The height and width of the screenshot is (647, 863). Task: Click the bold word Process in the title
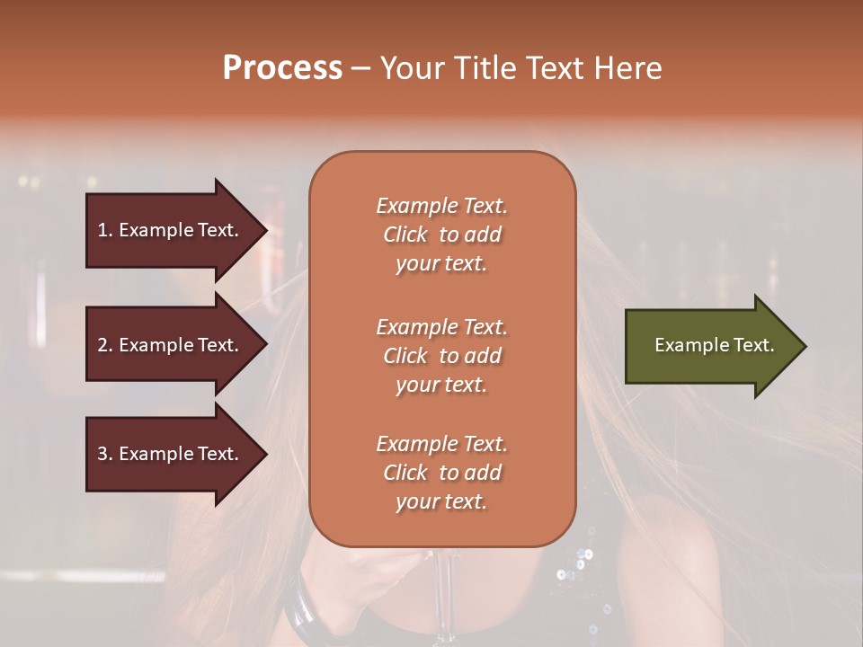(282, 68)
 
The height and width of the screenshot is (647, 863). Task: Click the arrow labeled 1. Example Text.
(171, 230)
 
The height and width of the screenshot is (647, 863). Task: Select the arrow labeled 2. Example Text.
(171, 345)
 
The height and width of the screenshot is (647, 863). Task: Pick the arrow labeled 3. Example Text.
(171, 454)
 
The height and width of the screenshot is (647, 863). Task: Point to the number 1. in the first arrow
(105, 230)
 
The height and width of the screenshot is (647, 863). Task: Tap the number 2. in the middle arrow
(105, 345)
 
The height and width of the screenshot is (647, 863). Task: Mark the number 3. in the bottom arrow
(105, 454)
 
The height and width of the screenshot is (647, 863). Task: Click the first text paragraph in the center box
(441, 235)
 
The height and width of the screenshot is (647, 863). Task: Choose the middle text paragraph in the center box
(441, 356)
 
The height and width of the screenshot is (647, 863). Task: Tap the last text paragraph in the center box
(441, 473)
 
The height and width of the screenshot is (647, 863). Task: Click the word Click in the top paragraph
(405, 235)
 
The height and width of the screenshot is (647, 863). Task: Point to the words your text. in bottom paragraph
(441, 502)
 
